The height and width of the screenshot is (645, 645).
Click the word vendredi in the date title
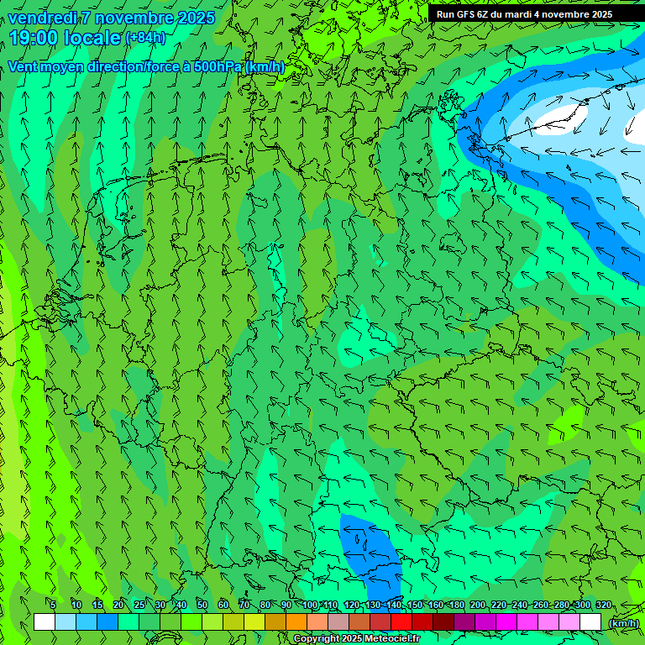click(x=42, y=18)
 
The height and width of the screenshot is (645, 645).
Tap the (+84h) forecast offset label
click(x=145, y=38)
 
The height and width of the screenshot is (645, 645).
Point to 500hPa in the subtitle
click(x=218, y=66)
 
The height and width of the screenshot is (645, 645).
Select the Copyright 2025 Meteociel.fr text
click(x=356, y=639)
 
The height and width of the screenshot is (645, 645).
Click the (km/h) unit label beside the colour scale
click(x=622, y=623)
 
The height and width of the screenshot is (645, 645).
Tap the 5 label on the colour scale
click(x=53, y=605)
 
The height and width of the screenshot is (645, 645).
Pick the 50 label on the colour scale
click(x=202, y=605)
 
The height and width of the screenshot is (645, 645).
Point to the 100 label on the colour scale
click(x=310, y=605)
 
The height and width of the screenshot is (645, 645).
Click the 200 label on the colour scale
click(x=478, y=605)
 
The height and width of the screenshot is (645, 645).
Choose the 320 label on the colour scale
click(x=604, y=605)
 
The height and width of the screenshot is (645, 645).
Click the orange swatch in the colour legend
click(x=296, y=622)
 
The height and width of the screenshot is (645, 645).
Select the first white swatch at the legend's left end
click(x=45, y=622)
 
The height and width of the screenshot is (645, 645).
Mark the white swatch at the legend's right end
click(x=590, y=622)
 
